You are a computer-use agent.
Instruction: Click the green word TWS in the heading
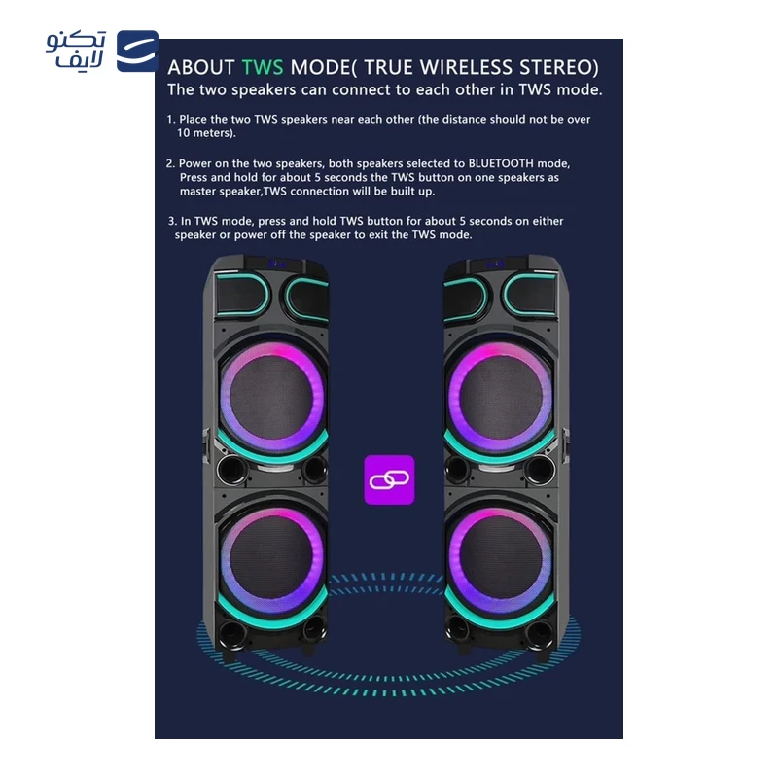[x=263, y=67]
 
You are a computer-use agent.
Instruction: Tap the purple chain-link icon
[x=389, y=479]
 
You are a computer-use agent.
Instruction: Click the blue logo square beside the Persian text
[x=137, y=52]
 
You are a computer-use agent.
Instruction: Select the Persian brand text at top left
[x=76, y=50]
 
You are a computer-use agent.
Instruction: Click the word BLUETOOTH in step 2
[x=501, y=163]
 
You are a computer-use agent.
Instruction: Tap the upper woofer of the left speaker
[x=272, y=397]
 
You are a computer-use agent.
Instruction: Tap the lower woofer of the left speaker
[x=272, y=560]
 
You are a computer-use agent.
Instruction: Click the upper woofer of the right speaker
[x=501, y=397]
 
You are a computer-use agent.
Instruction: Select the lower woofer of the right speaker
[x=501, y=560]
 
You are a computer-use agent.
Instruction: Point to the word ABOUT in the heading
[x=201, y=67]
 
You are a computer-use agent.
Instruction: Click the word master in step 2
[x=195, y=191]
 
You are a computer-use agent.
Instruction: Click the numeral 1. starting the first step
[x=171, y=119]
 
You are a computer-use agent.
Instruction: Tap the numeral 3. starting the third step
[x=173, y=221]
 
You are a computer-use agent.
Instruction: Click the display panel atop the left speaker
[x=274, y=264]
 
